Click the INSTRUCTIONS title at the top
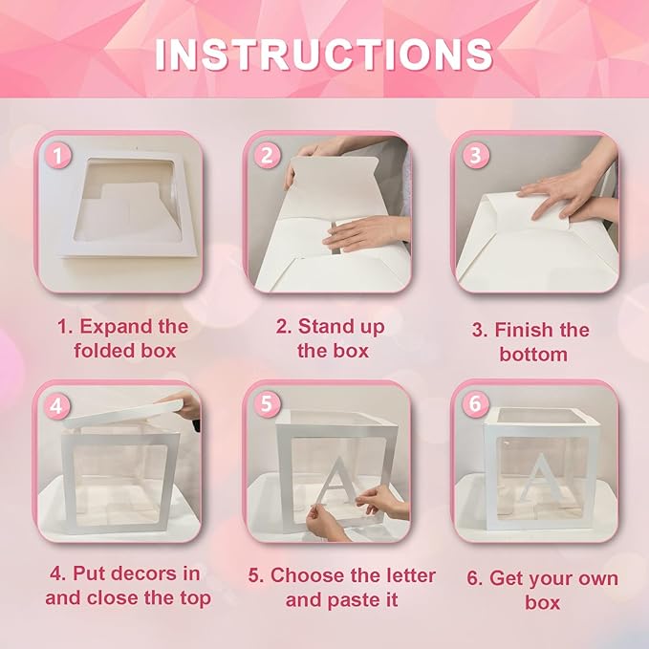pyautogui.click(x=324, y=54)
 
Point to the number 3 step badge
pyautogui.click(x=475, y=155)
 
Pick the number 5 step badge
pyautogui.click(x=268, y=404)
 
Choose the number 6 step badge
pyautogui.click(x=475, y=404)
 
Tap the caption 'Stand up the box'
pyautogui.click(x=331, y=338)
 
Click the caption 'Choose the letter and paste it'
pyautogui.click(x=340, y=588)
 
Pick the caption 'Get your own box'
pyautogui.click(x=541, y=590)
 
